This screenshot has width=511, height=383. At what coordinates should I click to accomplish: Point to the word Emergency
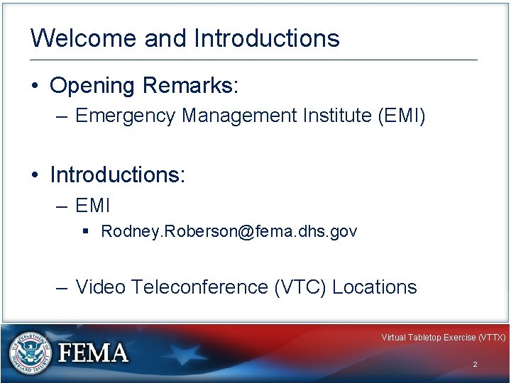[126, 115]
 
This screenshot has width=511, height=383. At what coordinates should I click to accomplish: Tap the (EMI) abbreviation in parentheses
[402, 115]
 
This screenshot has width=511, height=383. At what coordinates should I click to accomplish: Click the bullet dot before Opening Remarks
[35, 87]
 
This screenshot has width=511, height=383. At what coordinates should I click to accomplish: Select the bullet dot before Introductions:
[35, 174]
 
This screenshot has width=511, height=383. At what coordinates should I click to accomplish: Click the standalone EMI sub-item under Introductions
[92, 206]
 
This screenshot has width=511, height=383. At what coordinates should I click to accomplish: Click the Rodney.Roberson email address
[229, 231]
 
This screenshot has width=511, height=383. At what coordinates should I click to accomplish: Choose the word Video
[101, 287]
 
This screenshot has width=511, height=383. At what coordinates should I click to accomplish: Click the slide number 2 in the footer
[475, 364]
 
